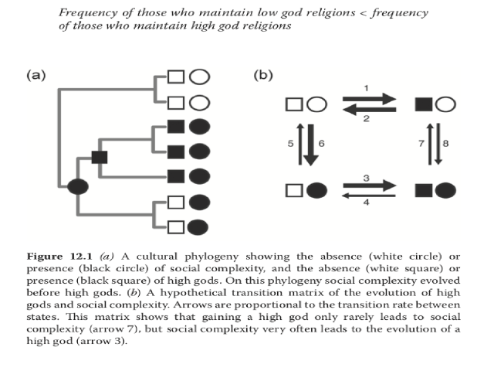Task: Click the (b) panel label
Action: click(x=264, y=76)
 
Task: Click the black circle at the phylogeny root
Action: click(x=77, y=186)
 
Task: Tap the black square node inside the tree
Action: click(x=100, y=157)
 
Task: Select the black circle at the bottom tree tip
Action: click(x=198, y=227)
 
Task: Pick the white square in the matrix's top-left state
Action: click(x=294, y=102)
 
